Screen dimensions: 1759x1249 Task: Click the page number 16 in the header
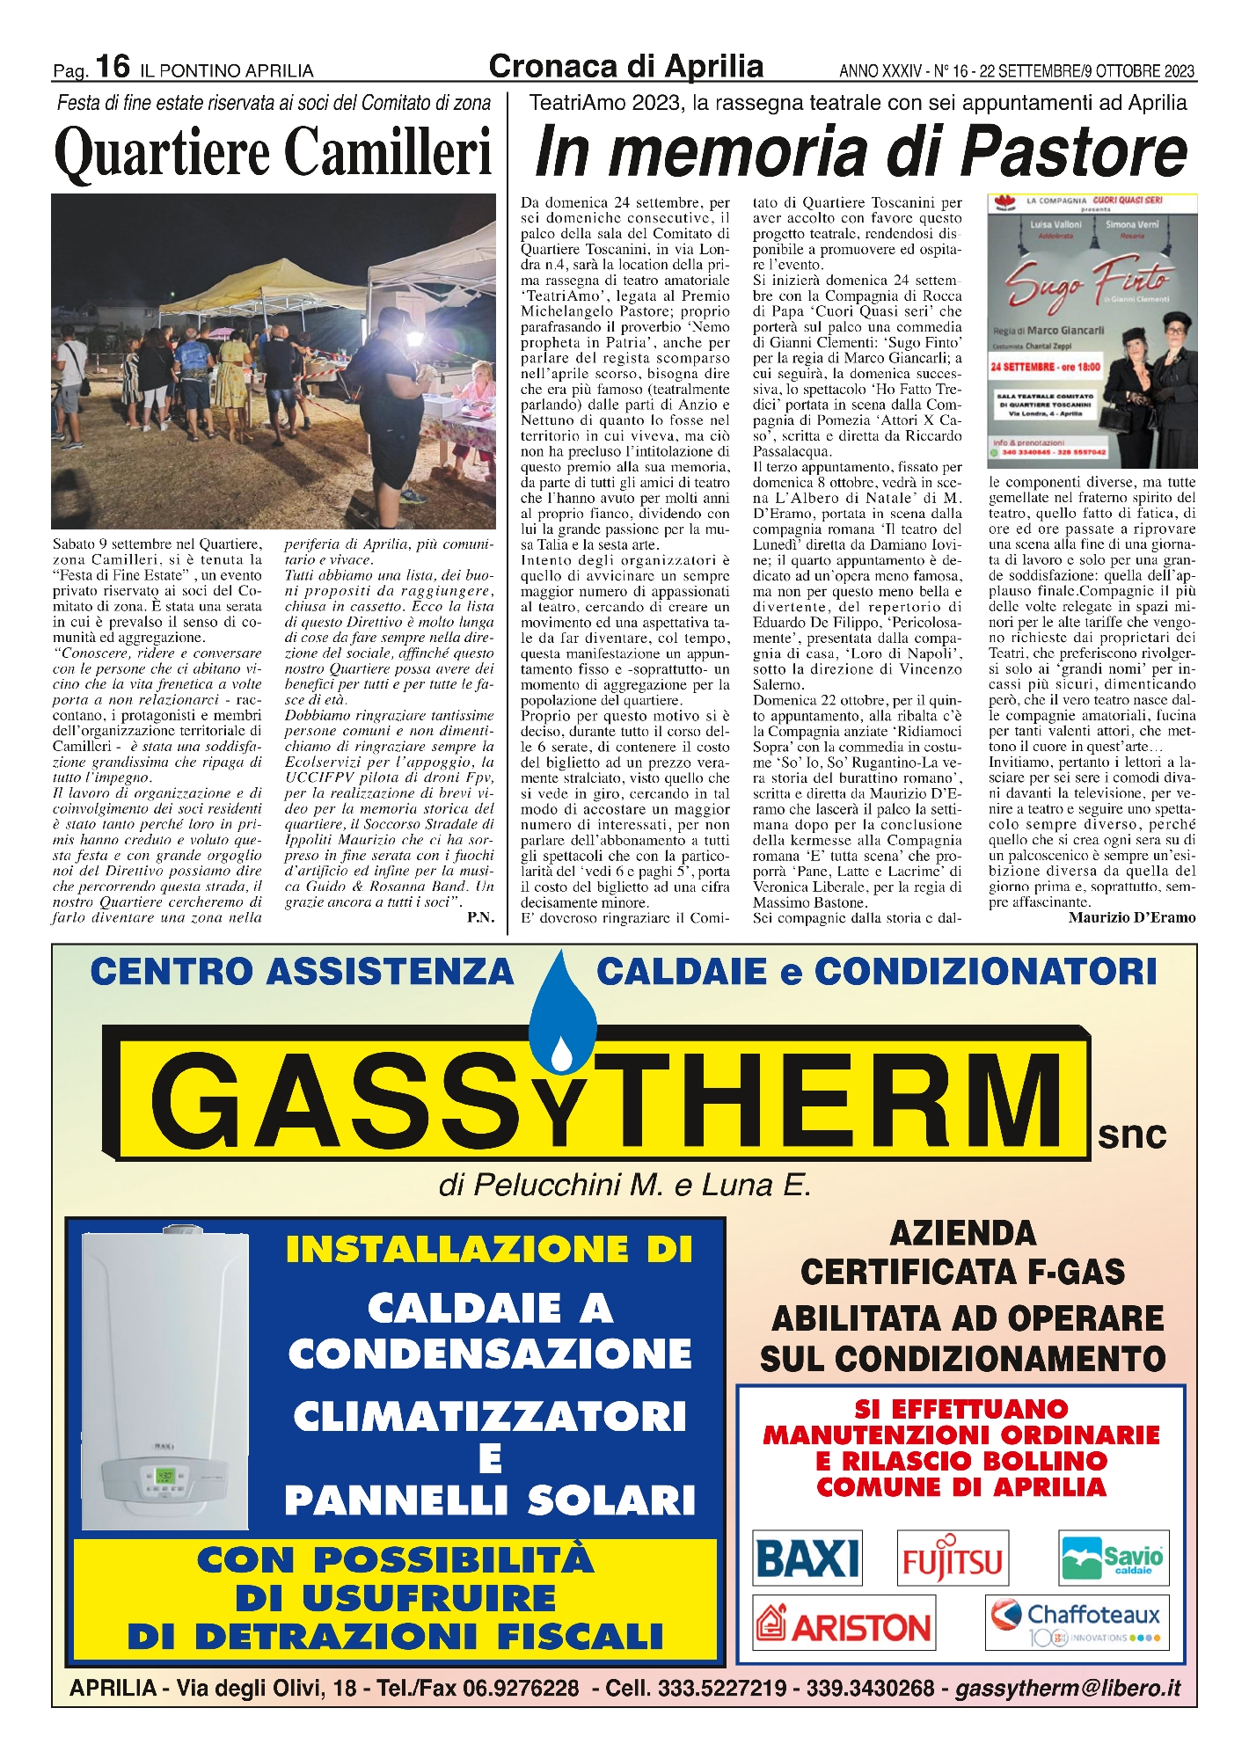click(x=113, y=66)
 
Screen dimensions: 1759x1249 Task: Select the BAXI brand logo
click(x=807, y=1558)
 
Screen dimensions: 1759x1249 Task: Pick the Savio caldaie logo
click(x=1114, y=1558)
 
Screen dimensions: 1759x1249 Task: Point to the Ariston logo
click(x=844, y=1625)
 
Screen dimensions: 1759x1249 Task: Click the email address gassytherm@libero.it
click(x=1068, y=1689)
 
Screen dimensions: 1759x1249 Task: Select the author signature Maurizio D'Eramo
click(x=1132, y=918)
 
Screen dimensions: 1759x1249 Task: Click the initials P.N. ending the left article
click(x=480, y=918)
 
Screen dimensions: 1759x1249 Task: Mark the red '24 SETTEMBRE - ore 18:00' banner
click(x=1045, y=367)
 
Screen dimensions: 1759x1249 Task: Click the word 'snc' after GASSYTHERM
click(x=1132, y=1135)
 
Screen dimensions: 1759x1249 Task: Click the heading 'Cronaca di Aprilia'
click(x=625, y=66)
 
